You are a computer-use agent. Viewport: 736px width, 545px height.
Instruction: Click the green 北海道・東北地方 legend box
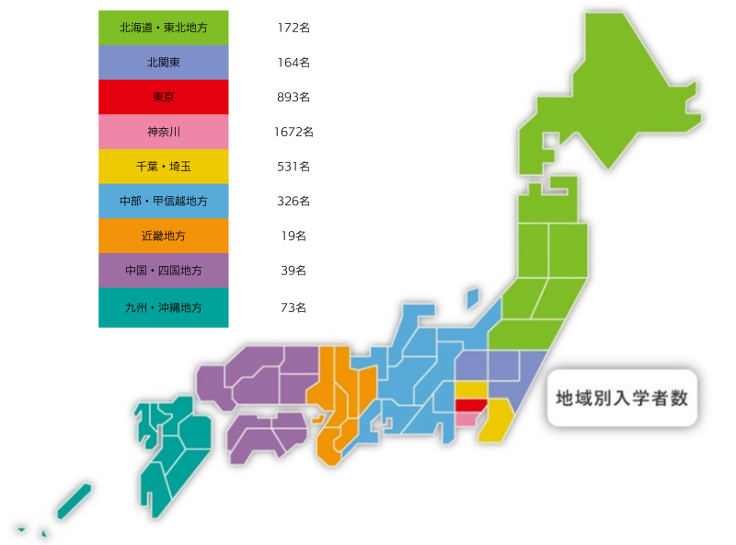(x=163, y=28)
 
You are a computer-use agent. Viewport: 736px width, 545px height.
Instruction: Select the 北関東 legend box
(x=163, y=63)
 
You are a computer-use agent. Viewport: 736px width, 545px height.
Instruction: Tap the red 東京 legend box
(x=163, y=97)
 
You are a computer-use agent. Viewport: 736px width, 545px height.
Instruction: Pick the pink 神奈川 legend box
(x=163, y=132)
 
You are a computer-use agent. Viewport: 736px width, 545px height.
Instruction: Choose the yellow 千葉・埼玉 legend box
(x=163, y=167)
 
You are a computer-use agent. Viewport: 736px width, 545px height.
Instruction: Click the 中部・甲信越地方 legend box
(x=163, y=201)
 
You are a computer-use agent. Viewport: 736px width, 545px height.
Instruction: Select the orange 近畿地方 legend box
(x=163, y=236)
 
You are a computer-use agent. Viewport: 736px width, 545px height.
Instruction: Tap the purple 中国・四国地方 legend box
(x=163, y=271)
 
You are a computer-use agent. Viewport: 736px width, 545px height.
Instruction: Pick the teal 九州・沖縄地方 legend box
(x=163, y=307)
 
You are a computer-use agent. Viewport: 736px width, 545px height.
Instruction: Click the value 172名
(x=293, y=28)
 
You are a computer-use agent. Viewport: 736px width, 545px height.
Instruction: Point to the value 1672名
(x=293, y=132)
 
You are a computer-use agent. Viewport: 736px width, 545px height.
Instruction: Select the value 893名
(x=293, y=97)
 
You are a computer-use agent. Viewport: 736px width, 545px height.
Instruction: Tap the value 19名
(x=293, y=236)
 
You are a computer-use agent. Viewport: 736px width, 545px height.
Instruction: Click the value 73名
(x=293, y=307)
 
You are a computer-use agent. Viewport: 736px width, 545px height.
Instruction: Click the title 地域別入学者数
(x=622, y=399)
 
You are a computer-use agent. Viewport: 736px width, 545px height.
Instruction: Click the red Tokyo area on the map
(x=470, y=405)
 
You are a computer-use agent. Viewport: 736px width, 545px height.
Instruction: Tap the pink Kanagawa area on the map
(x=466, y=419)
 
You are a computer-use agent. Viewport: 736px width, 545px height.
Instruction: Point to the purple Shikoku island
(x=267, y=433)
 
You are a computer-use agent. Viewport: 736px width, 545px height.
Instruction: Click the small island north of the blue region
(x=473, y=298)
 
